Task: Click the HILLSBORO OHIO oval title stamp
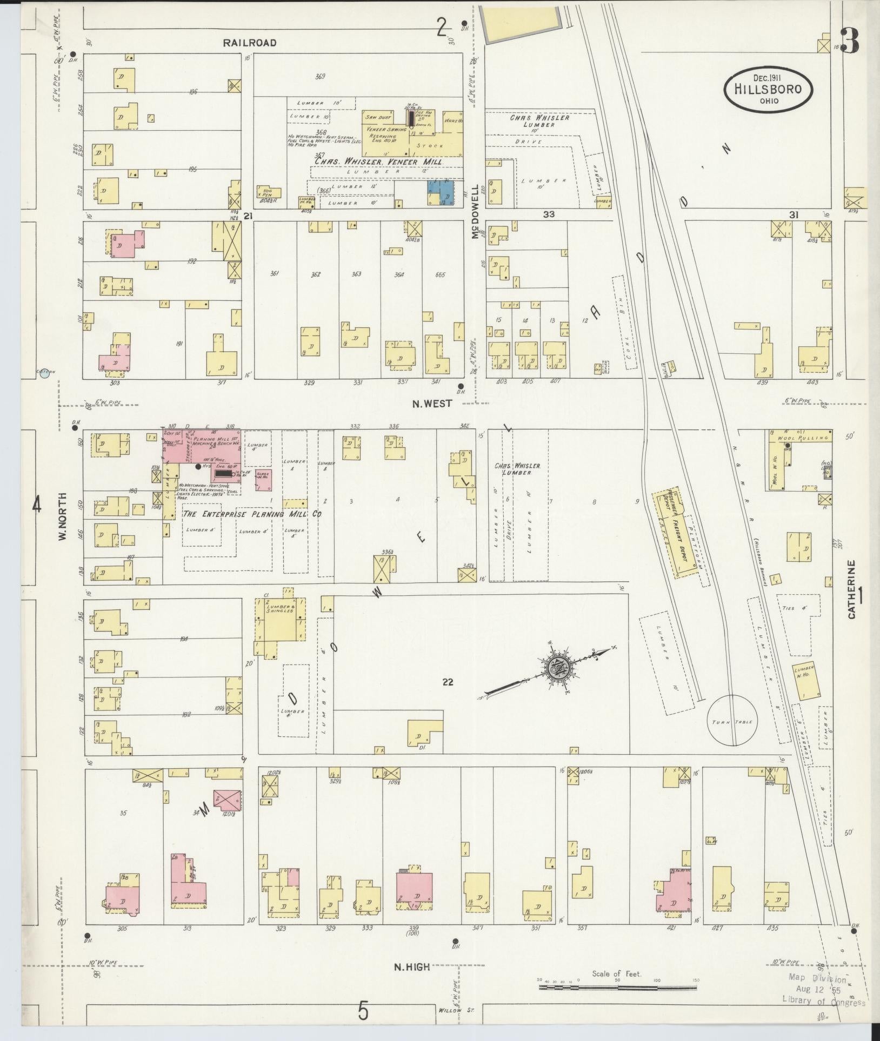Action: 768,89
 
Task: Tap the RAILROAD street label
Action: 250,43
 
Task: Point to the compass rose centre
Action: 556,668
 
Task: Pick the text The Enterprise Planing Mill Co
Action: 252,514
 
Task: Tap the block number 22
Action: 447,682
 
